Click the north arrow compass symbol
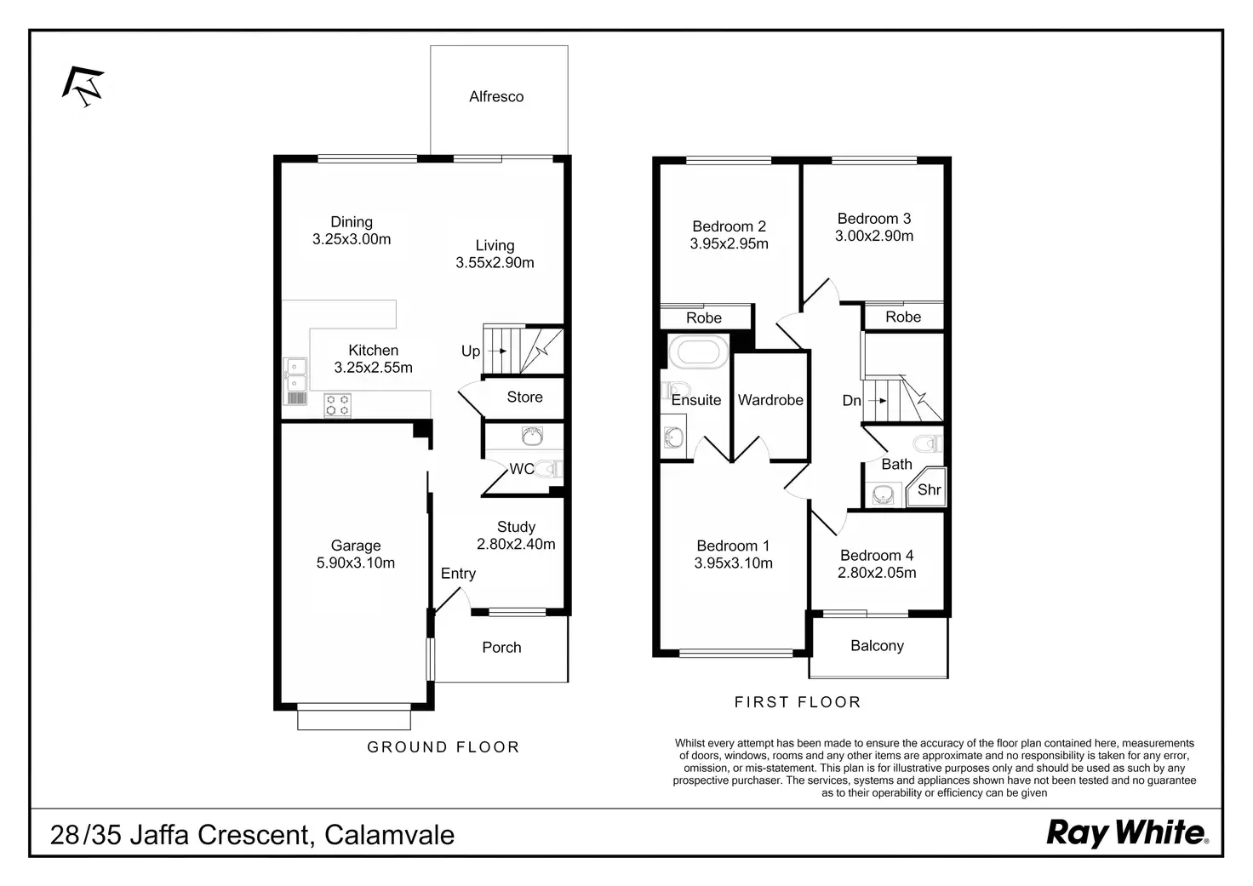tap(83, 86)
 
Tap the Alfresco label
tap(496, 97)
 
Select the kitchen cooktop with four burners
tap(337, 404)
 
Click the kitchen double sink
tap(295, 380)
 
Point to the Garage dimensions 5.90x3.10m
tap(356, 563)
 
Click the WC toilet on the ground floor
tap(549, 468)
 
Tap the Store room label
tap(524, 397)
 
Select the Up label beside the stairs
tap(471, 351)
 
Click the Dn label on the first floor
tap(851, 400)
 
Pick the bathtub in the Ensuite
tap(699, 352)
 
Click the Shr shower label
tap(929, 489)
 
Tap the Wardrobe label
tap(770, 400)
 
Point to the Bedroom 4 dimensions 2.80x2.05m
tap(877, 573)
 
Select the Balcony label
tap(877, 646)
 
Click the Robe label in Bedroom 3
tap(903, 317)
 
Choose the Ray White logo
tap(1126, 832)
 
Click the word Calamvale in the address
tap(389, 835)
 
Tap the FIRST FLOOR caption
tap(798, 702)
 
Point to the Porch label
tap(501, 648)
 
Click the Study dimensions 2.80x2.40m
tap(516, 544)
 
